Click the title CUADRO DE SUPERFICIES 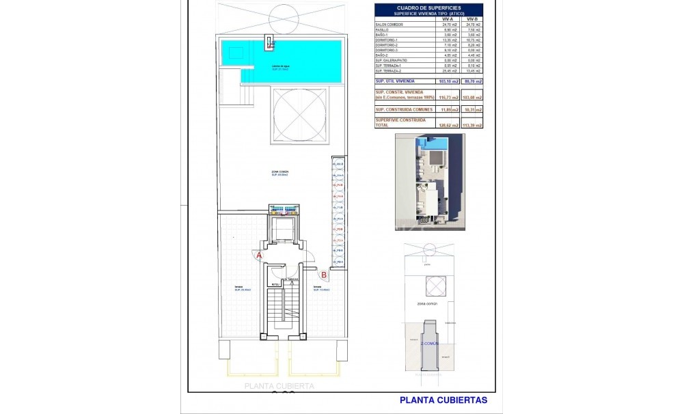click(428, 8)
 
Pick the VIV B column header click(472, 19)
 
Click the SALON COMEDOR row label click(389, 25)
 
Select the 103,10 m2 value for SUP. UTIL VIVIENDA click(447, 81)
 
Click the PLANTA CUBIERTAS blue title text click(443, 400)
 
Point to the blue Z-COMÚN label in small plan click(431, 344)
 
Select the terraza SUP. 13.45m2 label click(321, 288)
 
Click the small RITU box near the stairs click(275, 284)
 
